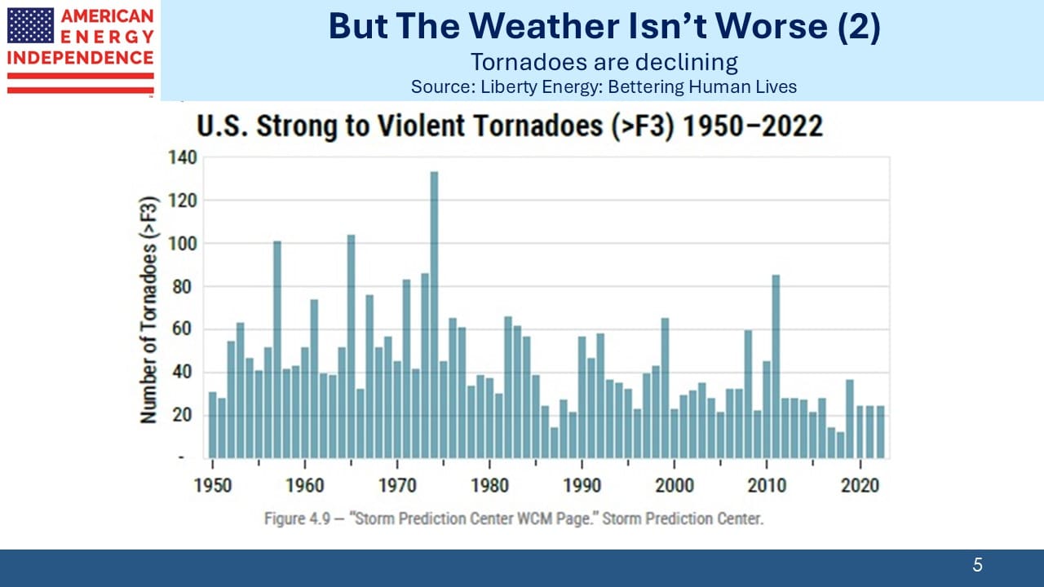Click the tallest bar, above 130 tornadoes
tap(434, 315)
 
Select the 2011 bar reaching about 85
tap(776, 367)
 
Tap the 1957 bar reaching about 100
tap(276, 350)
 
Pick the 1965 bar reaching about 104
tap(351, 346)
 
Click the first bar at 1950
tap(213, 425)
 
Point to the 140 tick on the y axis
tap(183, 157)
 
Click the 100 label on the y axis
tap(183, 244)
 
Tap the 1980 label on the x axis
tap(489, 485)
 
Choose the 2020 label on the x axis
tap(860, 485)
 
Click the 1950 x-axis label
tap(213, 485)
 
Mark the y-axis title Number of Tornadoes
tap(148, 310)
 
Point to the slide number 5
tap(977, 565)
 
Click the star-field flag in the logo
tap(31, 25)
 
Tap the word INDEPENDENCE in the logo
tap(80, 58)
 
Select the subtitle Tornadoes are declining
tap(604, 62)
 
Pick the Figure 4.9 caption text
tap(514, 519)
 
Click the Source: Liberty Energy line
tap(604, 86)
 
